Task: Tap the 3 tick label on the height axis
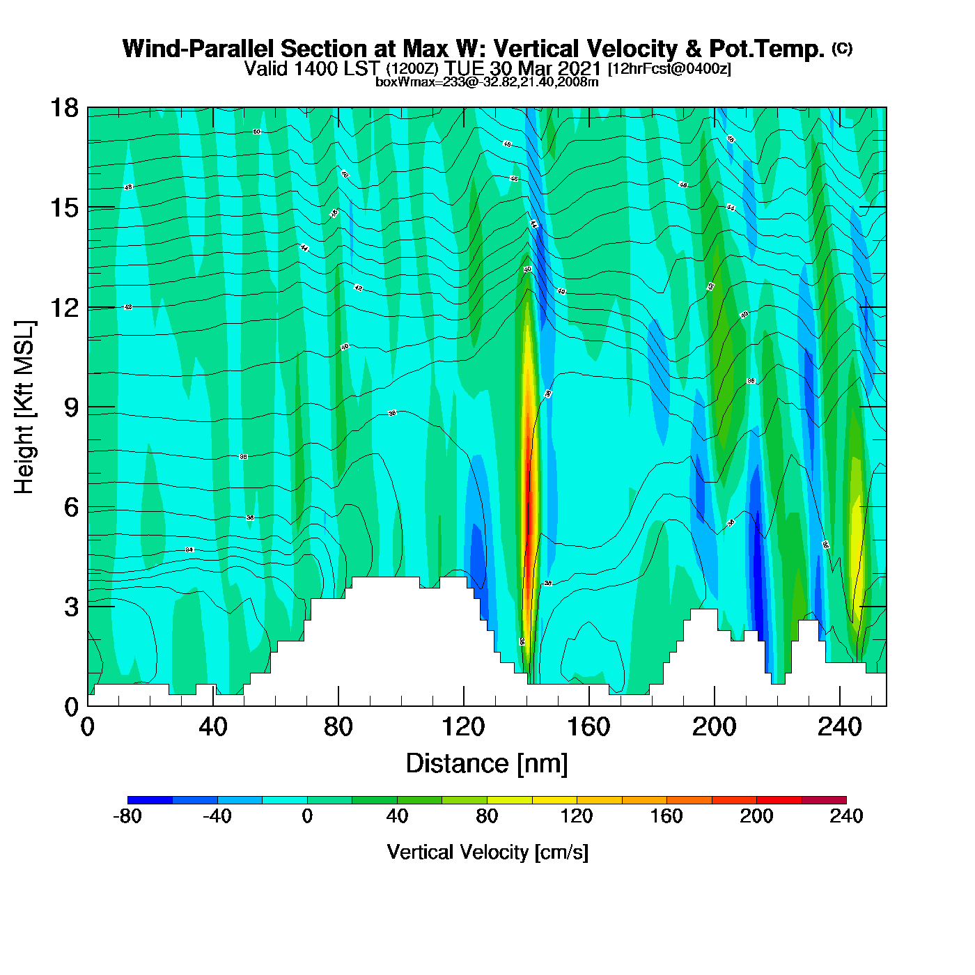click(71, 607)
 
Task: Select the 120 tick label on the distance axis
click(463, 728)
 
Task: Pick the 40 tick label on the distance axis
click(212, 728)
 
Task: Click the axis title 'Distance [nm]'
click(487, 764)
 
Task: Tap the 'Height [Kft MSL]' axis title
click(24, 407)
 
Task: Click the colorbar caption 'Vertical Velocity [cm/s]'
click(487, 852)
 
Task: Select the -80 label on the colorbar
click(127, 816)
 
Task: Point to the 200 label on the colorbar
click(756, 816)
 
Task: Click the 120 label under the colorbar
click(577, 816)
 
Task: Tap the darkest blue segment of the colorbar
click(150, 799)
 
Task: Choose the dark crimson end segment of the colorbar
click(824, 799)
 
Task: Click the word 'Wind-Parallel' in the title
click(198, 49)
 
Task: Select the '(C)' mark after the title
click(842, 48)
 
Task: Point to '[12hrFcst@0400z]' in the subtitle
click(669, 69)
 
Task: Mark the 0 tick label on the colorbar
click(307, 816)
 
